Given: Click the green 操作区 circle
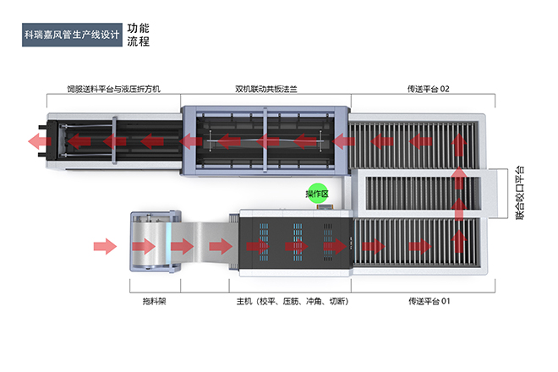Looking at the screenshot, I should coord(317,193).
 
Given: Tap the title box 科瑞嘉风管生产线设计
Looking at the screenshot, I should coord(73,36).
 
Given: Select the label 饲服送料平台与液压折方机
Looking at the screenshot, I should coord(113,88).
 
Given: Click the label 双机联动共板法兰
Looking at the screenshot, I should coord(265,88).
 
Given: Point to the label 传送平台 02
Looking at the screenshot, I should coord(422,88).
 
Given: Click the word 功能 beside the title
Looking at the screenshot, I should coord(138,28).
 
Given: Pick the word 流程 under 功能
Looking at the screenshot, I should coord(138,41).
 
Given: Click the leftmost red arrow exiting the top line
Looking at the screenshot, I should coord(36,139).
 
